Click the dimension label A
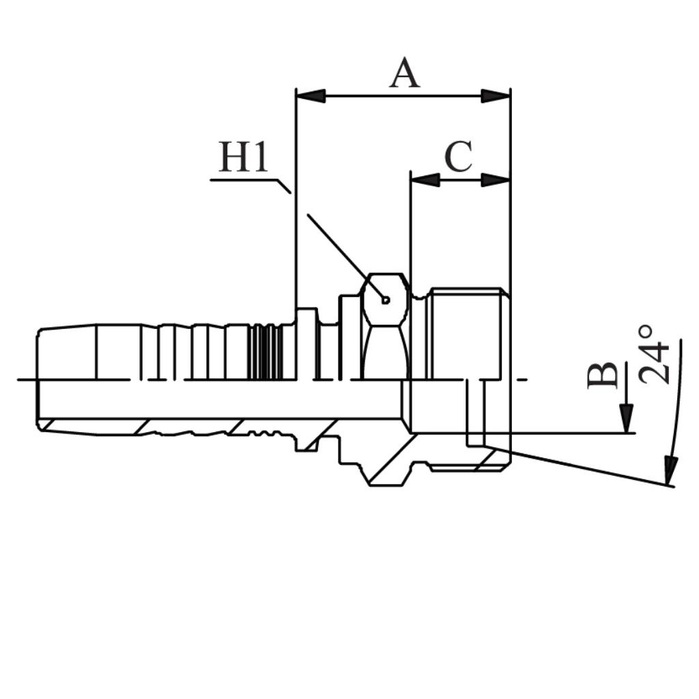click(404, 72)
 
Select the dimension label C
click(458, 157)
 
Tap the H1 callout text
click(244, 157)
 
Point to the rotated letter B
click(602, 375)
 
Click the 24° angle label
click(655, 355)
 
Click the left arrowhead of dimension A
click(311, 96)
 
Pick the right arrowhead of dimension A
click(496, 96)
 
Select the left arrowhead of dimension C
click(425, 180)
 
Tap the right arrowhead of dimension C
click(496, 180)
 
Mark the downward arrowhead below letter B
click(627, 418)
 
